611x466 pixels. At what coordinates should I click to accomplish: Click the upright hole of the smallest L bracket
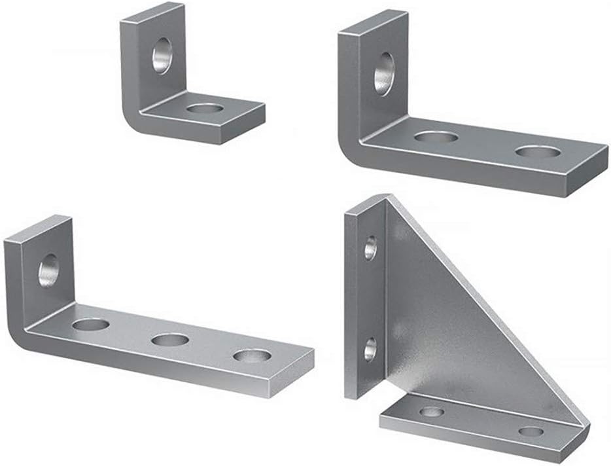(161, 56)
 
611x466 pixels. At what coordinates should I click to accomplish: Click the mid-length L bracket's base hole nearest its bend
(436, 137)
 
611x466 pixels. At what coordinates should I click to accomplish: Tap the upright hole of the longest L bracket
(48, 272)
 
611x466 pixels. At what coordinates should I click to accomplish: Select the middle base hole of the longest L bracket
(169, 340)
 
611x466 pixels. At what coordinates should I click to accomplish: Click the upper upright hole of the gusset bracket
(370, 248)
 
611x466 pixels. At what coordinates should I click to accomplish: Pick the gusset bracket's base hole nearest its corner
(431, 412)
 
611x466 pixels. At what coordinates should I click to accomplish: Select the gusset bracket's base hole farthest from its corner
(532, 432)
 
